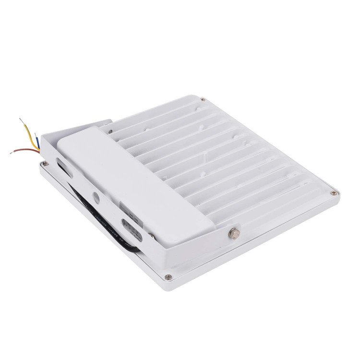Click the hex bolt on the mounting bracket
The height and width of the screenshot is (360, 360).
(234, 234)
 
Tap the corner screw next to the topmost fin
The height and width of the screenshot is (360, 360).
(203, 100)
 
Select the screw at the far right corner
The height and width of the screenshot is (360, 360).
(334, 193)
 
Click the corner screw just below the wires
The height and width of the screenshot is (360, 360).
(45, 163)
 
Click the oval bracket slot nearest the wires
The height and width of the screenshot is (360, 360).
(64, 165)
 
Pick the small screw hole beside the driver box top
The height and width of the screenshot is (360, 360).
(111, 131)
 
